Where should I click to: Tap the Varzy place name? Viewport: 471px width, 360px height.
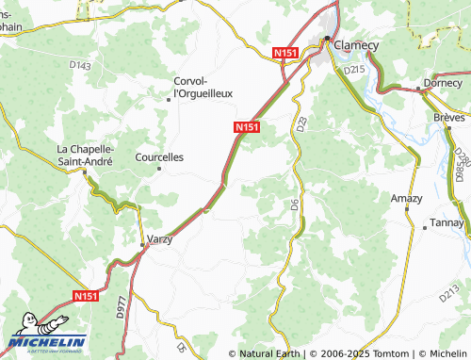[160, 239]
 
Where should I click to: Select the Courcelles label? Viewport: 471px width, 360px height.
[160, 157]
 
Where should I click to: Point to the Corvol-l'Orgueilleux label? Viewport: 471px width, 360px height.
[203, 87]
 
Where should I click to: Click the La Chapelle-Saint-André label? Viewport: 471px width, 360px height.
[86, 155]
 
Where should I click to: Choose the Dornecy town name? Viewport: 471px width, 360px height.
[443, 82]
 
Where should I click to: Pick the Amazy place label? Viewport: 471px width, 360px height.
[407, 199]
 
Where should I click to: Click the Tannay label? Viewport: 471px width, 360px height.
[447, 223]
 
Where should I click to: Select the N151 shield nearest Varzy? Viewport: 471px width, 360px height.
[87, 296]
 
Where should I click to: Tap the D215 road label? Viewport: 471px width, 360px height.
[354, 70]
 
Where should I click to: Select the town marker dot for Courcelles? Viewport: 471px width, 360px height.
[159, 169]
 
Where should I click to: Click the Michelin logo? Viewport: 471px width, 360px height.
[47, 342]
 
